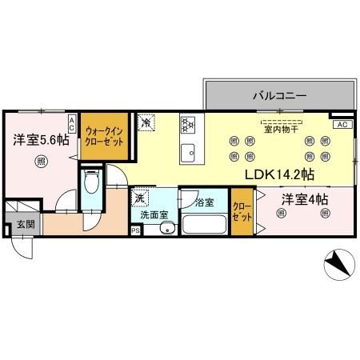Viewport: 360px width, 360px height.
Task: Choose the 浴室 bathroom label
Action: pos(204,202)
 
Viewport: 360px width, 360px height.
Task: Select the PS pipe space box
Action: pos(134,232)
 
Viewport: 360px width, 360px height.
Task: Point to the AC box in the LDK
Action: pos(341,125)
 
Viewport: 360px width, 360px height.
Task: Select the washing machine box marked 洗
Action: pos(139,198)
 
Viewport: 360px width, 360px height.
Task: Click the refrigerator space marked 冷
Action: pos(146,123)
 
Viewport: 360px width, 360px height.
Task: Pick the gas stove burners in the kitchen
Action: pos(189,124)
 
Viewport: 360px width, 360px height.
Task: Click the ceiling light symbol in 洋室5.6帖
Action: pos(40,162)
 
